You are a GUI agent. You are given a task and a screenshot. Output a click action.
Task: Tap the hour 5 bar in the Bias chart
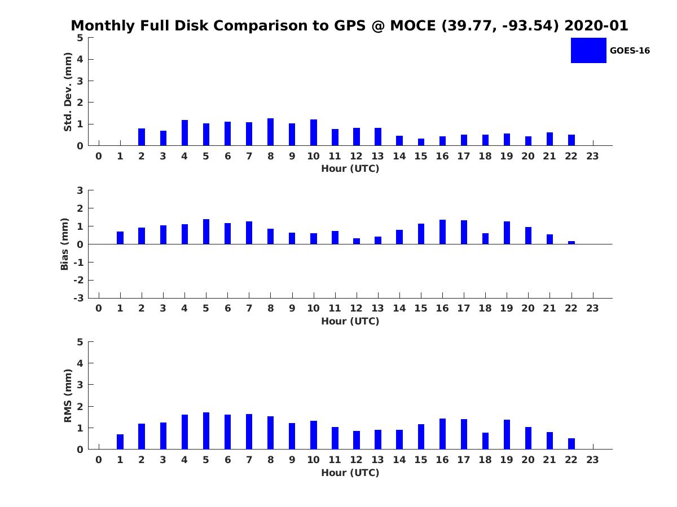(206, 232)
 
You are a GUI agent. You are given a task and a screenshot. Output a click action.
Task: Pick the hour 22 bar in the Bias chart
(572, 243)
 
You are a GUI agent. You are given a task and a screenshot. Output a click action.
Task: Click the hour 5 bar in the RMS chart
(206, 431)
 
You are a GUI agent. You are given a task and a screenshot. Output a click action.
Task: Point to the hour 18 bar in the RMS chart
(485, 441)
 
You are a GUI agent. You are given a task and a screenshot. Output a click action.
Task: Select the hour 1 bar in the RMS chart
(120, 442)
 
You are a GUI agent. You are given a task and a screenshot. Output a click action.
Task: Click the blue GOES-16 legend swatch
(588, 51)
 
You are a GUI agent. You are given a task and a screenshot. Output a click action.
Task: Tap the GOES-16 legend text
(630, 51)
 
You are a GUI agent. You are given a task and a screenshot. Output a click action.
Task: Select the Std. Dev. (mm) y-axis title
(68, 92)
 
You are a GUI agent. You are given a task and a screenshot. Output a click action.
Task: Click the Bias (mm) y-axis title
(65, 244)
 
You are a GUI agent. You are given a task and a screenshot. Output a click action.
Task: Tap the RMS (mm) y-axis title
(68, 395)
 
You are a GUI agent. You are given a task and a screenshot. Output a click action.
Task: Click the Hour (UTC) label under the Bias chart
(350, 321)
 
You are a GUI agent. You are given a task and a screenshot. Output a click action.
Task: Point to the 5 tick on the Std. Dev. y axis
(81, 38)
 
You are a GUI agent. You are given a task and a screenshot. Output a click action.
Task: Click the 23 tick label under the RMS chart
(592, 460)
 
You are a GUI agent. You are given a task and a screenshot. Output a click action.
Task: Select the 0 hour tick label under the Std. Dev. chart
(99, 156)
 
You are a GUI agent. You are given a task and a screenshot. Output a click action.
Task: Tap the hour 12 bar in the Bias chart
(357, 241)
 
